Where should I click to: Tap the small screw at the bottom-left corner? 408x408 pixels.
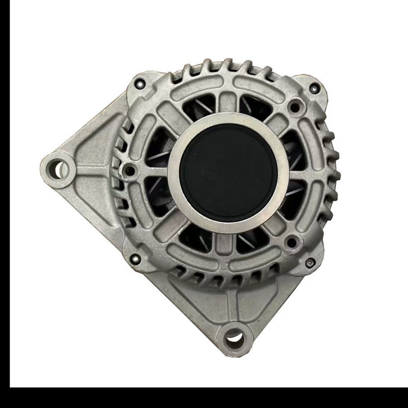tap(135, 258)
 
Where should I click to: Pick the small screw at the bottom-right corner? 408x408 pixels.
tap(311, 262)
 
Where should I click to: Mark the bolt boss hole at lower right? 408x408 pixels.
tap(291, 241)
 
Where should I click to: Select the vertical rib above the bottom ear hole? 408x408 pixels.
tap(235, 306)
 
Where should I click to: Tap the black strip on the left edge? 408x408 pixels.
tap(5, 204)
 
